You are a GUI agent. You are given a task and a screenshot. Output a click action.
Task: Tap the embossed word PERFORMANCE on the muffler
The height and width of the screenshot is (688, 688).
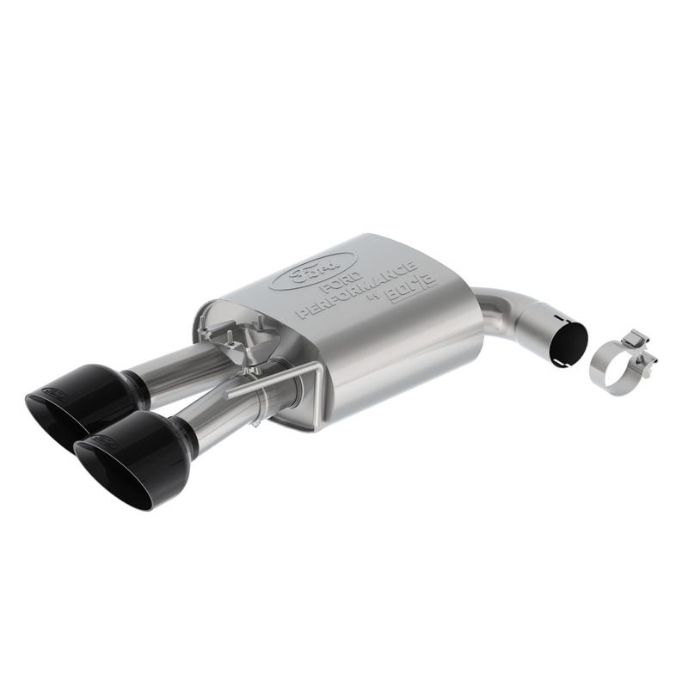point(356,290)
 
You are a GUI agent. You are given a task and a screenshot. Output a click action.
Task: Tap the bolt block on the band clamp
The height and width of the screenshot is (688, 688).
point(636,344)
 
